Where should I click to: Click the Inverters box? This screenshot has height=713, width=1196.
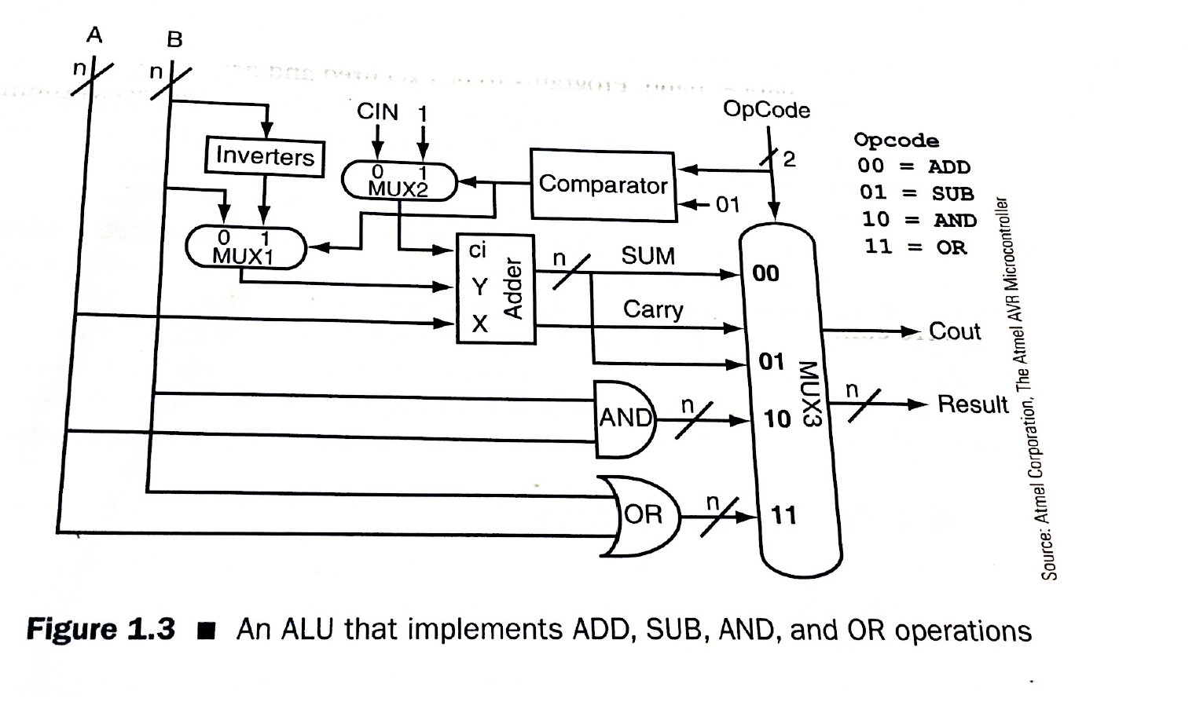(265, 156)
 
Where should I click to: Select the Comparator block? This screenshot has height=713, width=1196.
(603, 185)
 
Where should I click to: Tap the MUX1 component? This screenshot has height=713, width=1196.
(244, 247)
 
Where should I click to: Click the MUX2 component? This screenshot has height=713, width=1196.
(398, 181)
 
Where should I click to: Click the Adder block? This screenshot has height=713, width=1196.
(496, 289)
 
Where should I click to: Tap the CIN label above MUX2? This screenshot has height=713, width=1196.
(377, 112)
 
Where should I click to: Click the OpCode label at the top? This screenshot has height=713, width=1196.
(766, 109)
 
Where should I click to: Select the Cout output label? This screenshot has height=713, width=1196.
(954, 331)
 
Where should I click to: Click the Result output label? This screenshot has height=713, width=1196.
(973, 404)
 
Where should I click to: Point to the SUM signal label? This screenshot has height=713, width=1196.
(648, 256)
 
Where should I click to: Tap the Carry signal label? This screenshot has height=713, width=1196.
(653, 309)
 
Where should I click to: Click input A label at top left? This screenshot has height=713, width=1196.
(94, 35)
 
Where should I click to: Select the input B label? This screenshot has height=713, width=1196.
(174, 39)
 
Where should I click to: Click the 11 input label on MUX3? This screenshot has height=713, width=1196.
(783, 515)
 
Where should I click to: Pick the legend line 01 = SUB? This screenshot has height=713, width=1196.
(915, 193)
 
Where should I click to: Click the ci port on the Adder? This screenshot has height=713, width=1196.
(478, 250)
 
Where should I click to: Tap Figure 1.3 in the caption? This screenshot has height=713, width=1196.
(101, 630)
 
